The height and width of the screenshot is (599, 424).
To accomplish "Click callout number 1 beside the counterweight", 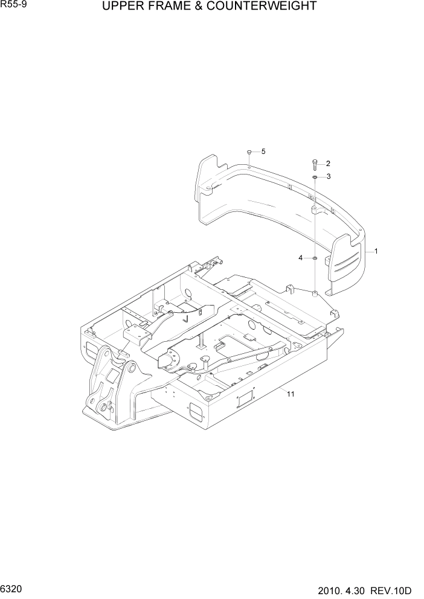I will [x=376, y=251].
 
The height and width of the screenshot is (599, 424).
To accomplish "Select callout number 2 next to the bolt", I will [x=328, y=163].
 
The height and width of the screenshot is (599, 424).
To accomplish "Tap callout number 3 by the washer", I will [x=328, y=176].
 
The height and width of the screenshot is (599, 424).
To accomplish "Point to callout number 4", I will [x=301, y=258].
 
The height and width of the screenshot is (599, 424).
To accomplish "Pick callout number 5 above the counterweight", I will [x=263, y=151].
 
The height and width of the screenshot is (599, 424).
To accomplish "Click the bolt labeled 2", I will [x=315, y=164].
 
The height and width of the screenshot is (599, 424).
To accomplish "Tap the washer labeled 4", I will [x=315, y=258].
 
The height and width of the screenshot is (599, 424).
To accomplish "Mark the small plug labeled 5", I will [x=249, y=152].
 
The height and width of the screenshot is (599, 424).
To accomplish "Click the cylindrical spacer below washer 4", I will [x=315, y=294].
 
